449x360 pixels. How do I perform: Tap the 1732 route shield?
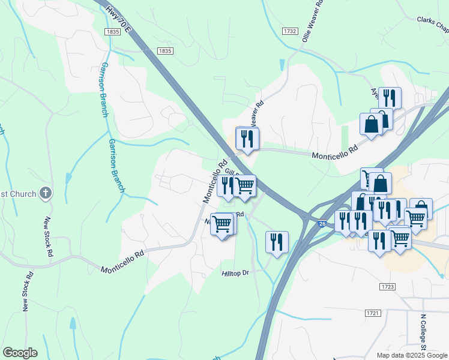[x=291, y=31]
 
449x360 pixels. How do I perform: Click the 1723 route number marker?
[x=387, y=287]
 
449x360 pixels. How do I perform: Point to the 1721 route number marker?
[x=373, y=314]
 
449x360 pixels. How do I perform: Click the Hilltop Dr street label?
[x=235, y=272]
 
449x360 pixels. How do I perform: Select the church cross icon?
[x=46, y=193]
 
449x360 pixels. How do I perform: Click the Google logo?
[x=20, y=353]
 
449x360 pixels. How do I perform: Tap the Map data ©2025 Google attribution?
[x=412, y=355]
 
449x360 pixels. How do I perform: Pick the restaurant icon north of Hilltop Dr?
[x=277, y=242]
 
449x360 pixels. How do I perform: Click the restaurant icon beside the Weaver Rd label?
[x=247, y=139]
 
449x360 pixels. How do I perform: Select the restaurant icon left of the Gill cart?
[x=227, y=185]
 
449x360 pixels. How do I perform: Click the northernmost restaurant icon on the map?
[x=390, y=97]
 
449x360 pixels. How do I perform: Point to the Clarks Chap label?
[x=433, y=23]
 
